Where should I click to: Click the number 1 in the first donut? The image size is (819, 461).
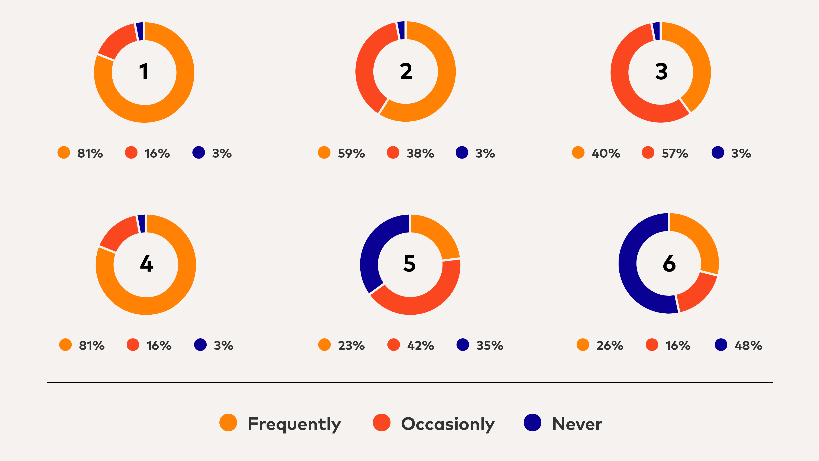pyautogui.click(x=144, y=72)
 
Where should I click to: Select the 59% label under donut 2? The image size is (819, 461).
pyautogui.click(x=351, y=153)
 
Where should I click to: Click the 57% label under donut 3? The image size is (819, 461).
pyautogui.click(x=675, y=153)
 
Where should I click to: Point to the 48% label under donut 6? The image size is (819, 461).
pyautogui.click(x=748, y=346)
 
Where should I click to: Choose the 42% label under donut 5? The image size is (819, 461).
pyautogui.click(x=420, y=346)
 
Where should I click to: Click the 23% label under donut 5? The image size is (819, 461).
pyautogui.click(x=351, y=346)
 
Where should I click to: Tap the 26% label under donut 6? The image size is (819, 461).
pyautogui.click(x=609, y=346)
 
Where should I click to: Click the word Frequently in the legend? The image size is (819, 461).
pyautogui.click(x=294, y=424)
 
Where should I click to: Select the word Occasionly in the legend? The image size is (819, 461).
pyautogui.click(x=448, y=424)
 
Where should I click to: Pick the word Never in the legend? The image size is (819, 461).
pyautogui.click(x=577, y=424)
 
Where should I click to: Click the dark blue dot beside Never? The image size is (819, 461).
pyautogui.click(x=532, y=423)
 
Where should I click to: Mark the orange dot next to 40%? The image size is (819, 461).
pyautogui.click(x=578, y=152)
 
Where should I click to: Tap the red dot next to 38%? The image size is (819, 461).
pyautogui.click(x=393, y=152)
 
